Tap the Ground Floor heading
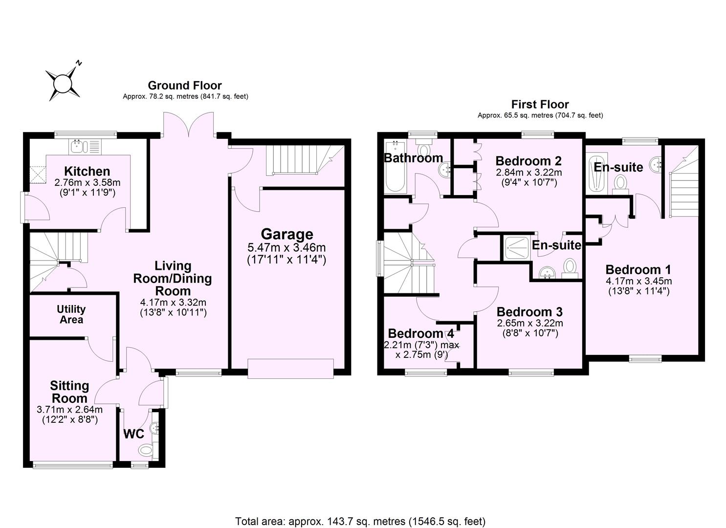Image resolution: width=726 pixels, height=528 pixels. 185,86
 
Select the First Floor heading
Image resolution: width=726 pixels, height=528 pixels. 540,104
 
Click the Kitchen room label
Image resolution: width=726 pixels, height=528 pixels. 87,171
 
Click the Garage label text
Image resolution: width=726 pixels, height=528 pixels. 286,234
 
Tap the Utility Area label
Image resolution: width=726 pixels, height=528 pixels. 71,314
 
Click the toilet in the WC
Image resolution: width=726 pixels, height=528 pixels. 146,449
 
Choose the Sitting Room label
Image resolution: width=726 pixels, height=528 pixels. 70,392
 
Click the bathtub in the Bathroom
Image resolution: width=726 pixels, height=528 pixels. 395,167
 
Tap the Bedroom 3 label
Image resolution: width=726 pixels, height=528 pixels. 529,311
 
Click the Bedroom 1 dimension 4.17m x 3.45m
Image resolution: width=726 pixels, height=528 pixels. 638,281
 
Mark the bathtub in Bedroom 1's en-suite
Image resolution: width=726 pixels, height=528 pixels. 595,174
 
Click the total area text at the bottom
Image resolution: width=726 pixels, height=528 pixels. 360,521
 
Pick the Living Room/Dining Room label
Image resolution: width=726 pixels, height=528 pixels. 173,278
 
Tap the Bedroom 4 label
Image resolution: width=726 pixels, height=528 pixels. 421,333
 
